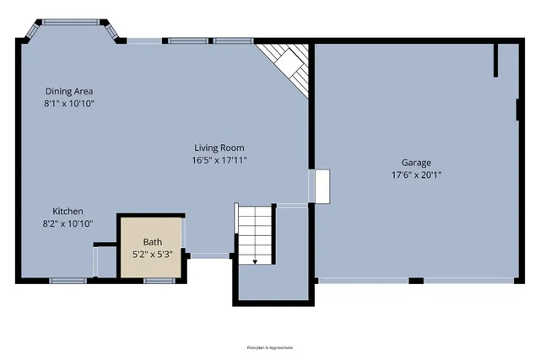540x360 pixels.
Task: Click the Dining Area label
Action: pyautogui.click(x=69, y=91)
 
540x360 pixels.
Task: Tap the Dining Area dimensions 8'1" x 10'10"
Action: pyautogui.click(x=69, y=103)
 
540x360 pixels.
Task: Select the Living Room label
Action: pyautogui.click(x=220, y=148)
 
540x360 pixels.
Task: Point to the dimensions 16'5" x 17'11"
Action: pyautogui.click(x=220, y=159)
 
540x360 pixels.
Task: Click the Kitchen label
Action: pyautogui.click(x=67, y=212)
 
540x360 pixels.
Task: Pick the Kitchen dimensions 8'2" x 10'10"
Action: pyautogui.click(x=67, y=223)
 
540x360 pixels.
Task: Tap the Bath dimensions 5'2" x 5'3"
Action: pyautogui.click(x=152, y=254)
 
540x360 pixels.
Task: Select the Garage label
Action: pyautogui.click(x=416, y=163)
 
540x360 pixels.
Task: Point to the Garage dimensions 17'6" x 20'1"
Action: pyautogui.click(x=416, y=175)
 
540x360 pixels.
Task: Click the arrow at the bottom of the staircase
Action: pyautogui.click(x=255, y=261)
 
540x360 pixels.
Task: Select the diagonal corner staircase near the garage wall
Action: pyautogui.click(x=287, y=66)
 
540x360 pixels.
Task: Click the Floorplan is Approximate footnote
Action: pyautogui.click(x=269, y=347)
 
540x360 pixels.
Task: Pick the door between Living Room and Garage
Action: pyautogui.click(x=321, y=185)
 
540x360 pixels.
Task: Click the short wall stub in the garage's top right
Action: pyautogui.click(x=497, y=61)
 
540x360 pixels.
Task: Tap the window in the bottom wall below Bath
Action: pyautogui.click(x=159, y=281)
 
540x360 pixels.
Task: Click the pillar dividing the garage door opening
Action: pyautogui.click(x=416, y=280)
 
